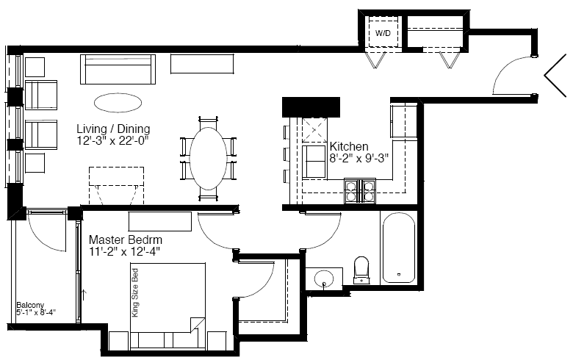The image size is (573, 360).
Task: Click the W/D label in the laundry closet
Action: [x=383, y=33]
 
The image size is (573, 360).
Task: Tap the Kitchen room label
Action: [x=349, y=146]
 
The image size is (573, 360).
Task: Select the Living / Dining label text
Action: [x=113, y=129]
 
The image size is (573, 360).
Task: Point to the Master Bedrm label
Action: [x=126, y=240]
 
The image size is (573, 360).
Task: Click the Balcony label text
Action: [x=30, y=305]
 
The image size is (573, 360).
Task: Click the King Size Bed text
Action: [x=135, y=292]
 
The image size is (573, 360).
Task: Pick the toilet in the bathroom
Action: [x=361, y=270]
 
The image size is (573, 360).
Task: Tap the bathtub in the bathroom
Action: [x=399, y=248]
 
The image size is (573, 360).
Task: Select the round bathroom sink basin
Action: [x=324, y=278]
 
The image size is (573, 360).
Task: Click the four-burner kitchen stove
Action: [x=360, y=191]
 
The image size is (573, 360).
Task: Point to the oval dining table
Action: [x=209, y=158]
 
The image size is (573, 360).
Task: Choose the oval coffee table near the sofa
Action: [x=118, y=103]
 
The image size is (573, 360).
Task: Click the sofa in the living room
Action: [x=118, y=70]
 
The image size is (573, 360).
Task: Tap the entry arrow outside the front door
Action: [x=555, y=75]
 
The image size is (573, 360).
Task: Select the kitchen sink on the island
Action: [x=314, y=162]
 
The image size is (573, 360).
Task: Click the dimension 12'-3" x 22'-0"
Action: [x=113, y=140]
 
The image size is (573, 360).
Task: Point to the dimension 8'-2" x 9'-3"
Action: [x=358, y=158]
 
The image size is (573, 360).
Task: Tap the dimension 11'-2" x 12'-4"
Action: [x=125, y=251]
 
